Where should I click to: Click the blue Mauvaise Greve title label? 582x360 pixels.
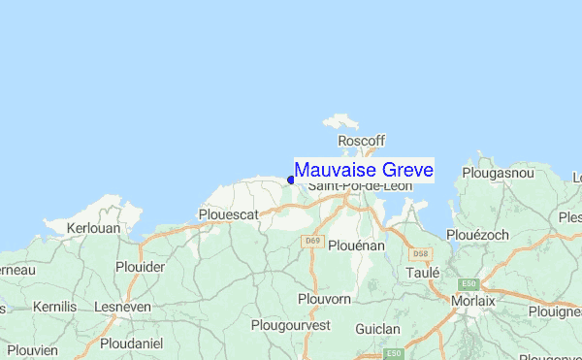pos(364,170)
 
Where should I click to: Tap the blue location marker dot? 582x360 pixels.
pos(291,180)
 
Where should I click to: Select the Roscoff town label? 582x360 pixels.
pos(361,140)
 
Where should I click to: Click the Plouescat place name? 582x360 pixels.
pos(228,213)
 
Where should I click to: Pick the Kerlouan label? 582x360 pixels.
pos(93,228)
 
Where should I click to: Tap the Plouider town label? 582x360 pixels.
pos(140,266)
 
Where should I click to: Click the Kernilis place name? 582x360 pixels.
pos(53,307)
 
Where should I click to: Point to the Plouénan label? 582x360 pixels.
pos(358,246)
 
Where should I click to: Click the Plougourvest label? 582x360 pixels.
pos(291,325)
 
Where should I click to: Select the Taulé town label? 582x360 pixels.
pos(423,274)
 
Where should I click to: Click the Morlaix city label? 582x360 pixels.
pos(473,302)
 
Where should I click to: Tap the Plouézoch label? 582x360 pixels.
pos(477,235)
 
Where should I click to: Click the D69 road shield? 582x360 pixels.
pos(310,241)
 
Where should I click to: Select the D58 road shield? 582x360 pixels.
pos(419,254)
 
